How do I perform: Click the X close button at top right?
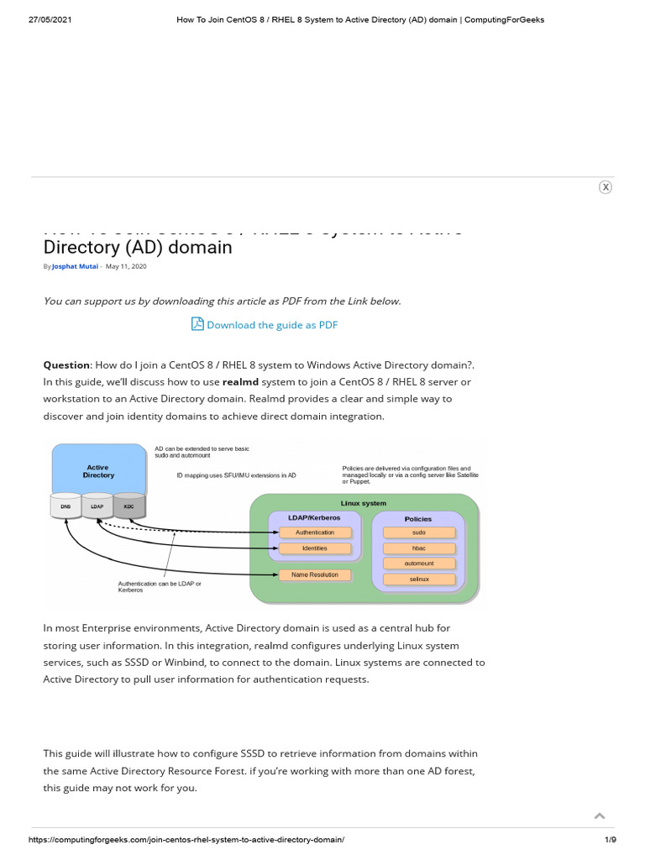[606, 187]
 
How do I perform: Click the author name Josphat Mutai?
[76, 266]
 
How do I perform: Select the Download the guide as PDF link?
[272, 325]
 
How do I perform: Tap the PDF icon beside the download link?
[197, 324]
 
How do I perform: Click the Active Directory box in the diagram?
[98, 470]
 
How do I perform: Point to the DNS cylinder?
[66, 506]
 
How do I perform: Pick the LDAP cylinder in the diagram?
[97, 506]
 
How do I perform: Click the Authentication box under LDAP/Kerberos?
[315, 532]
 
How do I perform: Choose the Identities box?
[315, 548]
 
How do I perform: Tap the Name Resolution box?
[315, 575]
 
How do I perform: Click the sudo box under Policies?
[419, 532]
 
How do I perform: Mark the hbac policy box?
[419, 548]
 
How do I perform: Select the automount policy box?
[419, 564]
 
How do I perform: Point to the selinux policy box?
[419, 579]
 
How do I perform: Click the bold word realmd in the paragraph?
[239, 382]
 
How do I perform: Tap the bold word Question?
[66, 365]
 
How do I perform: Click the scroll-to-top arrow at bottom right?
[600, 815]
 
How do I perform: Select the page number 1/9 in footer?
[611, 840]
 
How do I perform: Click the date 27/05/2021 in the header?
[50, 20]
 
